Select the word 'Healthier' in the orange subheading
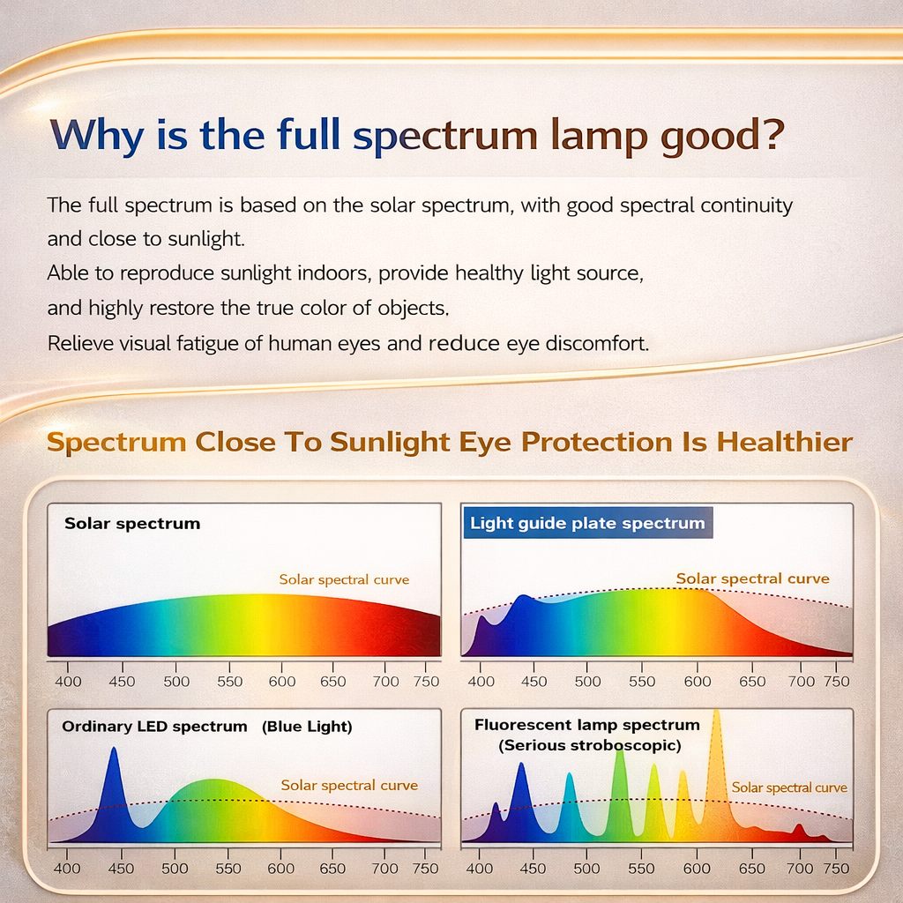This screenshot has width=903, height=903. point(786,442)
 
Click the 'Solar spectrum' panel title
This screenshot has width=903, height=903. point(132,524)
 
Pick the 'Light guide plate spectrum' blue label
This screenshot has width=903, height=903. point(587,523)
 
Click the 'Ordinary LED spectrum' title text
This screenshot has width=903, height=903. point(154,727)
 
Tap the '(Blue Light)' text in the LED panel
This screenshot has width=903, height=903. point(306,727)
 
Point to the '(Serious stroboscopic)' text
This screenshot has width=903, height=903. point(589,745)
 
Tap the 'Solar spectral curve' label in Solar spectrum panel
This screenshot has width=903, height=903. point(344,579)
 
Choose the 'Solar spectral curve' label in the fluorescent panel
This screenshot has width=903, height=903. point(789,787)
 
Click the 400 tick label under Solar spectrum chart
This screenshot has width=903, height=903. point(68,682)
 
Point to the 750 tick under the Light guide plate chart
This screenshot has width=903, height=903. point(836,682)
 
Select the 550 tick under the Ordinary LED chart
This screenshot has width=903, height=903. point(228,869)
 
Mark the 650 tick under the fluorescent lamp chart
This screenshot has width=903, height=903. point(751,869)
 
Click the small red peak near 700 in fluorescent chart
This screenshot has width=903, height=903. point(798,831)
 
